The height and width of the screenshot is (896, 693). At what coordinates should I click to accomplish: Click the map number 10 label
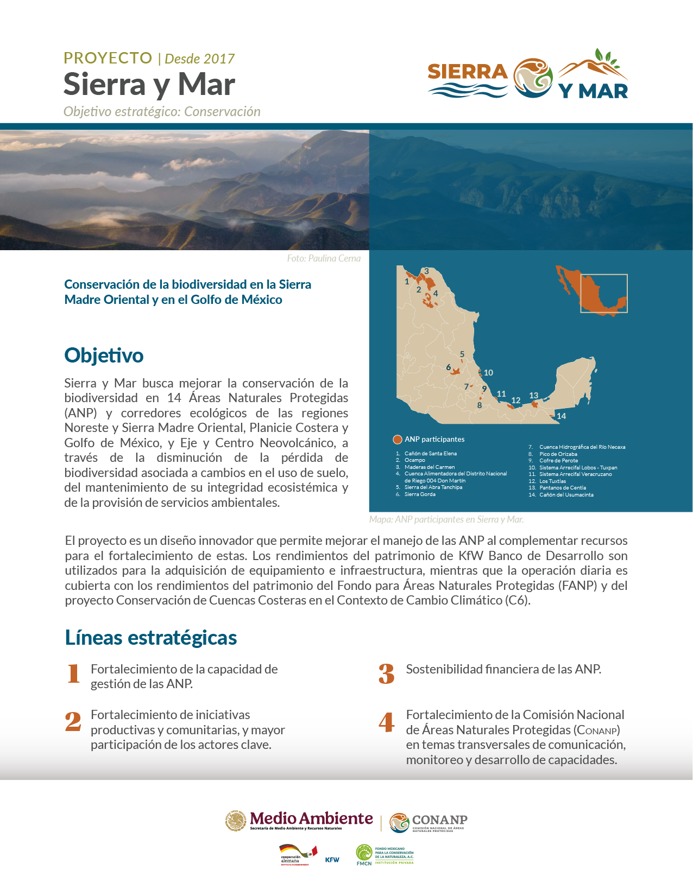tap(488, 373)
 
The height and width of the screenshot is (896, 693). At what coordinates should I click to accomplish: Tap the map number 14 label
tap(561, 416)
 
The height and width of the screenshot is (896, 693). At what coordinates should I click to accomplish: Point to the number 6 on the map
tap(449, 367)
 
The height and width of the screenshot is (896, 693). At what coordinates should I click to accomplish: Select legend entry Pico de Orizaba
tap(558, 454)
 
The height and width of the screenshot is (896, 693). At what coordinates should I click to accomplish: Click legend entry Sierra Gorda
tap(420, 494)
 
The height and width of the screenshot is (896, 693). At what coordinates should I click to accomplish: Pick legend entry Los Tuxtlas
tap(552, 481)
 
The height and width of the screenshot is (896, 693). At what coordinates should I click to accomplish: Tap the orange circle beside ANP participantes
tap(397, 440)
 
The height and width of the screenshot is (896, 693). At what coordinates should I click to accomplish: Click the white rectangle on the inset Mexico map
tap(604, 294)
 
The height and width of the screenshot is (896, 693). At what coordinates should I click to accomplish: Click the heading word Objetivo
tap(104, 355)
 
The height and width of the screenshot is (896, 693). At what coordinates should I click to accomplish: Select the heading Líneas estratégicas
tap(151, 638)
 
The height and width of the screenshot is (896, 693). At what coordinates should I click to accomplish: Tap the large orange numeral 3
tap(386, 674)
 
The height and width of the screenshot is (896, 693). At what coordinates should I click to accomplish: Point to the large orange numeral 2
tap(73, 722)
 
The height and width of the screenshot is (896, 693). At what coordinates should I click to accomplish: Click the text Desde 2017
tap(199, 59)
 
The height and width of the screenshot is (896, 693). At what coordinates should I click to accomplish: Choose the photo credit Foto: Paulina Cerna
tap(324, 258)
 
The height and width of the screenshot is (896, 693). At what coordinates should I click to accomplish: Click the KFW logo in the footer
tap(332, 860)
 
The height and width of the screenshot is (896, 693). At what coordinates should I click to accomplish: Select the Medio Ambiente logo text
tap(311, 819)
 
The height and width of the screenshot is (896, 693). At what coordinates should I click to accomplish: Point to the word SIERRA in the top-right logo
tap(467, 72)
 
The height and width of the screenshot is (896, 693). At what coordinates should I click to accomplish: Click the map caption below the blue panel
tap(446, 519)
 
